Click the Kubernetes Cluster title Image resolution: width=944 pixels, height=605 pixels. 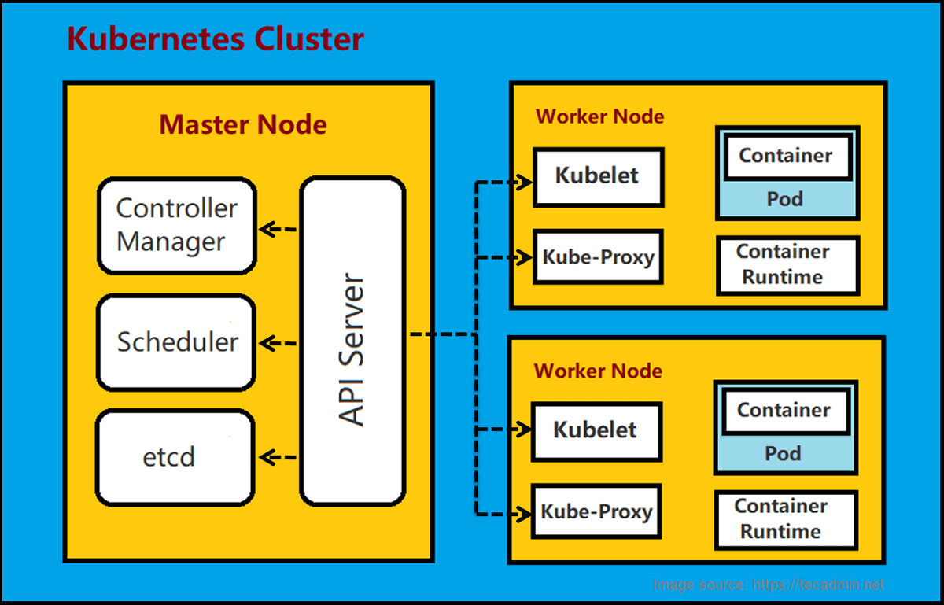pyautogui.click(x=215, y=39)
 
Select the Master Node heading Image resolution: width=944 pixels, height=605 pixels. pyautogui.click(x=243, y=124)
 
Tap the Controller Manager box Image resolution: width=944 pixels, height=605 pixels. pyautogui.click(x=177, y=226)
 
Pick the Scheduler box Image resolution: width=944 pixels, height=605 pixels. pyautogui.click(x=177, y=342)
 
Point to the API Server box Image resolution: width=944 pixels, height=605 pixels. pyautogui.click(x=353, y=340)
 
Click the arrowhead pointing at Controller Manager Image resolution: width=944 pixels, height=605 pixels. pyautogui.click(x=266, y=230)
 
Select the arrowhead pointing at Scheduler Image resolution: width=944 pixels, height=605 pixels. pyautogui.click(x=266, y=343)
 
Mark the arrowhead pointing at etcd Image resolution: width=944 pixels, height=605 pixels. pyautogui.click(x=266, y=457)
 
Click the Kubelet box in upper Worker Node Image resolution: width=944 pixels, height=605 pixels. pyautogui.click(x=598, y=176)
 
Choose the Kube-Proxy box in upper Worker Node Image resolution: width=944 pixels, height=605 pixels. pyautogui.click(x=598, y=256)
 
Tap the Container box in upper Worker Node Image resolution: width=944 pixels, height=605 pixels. pyautogui.click(x=785, y=156)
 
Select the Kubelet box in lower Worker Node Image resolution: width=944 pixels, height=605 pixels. pyautogui.click(x=596, y=431)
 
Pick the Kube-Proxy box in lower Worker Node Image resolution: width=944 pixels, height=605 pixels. pyautogui.click(x=596, y=512)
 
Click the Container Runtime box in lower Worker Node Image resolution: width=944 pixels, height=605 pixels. pyautogui.click(x=784, y=519)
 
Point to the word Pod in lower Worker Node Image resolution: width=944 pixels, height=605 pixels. pyautogui.click(x=783, y=454)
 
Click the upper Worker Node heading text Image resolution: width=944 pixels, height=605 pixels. pyautogui.click(x=599, y=116)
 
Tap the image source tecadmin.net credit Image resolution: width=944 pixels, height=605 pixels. pyautogui.click(x=769, y=585)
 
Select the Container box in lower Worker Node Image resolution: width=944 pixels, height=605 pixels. pyautogui.click(x=784, y=410)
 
